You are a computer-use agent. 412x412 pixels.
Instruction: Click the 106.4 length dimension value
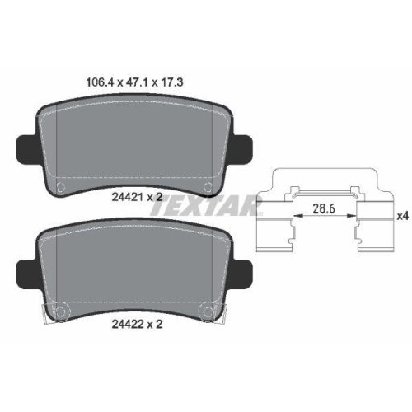click(x=100, y=82)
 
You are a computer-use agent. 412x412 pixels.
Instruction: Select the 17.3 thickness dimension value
click(x=171, y=82)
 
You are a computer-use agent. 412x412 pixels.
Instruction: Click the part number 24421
click(x=127, y=197)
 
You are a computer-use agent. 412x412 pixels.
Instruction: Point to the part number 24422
click(x=128, y=325)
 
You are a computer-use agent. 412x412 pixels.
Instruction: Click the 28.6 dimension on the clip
click(x=324, y=209)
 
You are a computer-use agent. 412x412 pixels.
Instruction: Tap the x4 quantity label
click(x=403, y=216)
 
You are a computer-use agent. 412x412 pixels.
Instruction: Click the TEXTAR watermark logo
click(x=207, y=205)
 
